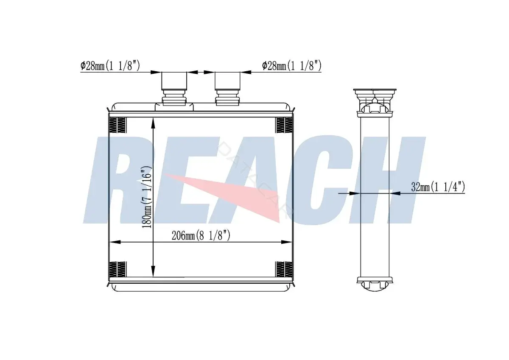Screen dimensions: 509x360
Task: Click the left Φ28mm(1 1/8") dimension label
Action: coord(110,66)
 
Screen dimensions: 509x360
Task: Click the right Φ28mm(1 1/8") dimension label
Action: coord(292,66)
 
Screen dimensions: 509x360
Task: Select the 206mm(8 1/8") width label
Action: coord(201,235)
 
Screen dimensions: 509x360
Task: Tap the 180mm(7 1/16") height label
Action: coord(147,197)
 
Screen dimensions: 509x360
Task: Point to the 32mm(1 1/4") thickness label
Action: coord(438,187)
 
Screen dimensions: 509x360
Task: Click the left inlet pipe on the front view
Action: coord(174,89)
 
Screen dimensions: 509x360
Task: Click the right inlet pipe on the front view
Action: coord(227,89)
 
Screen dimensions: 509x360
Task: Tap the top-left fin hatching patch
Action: coord(117,125)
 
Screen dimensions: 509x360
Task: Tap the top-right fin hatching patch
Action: coord(284,125)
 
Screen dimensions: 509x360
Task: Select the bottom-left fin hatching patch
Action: coord(117,269)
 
